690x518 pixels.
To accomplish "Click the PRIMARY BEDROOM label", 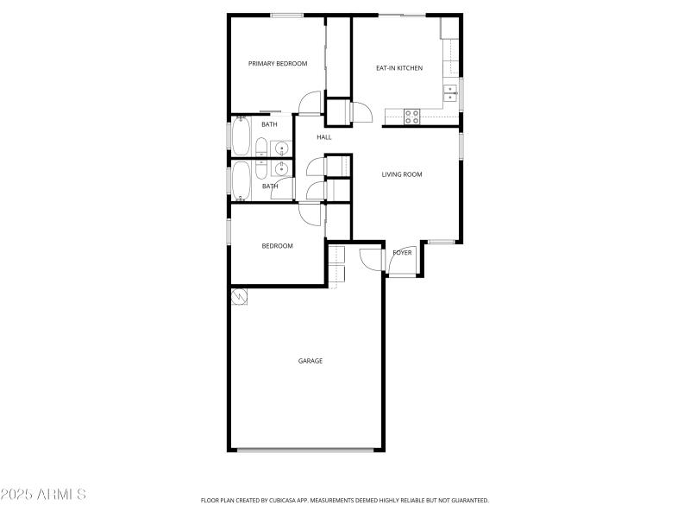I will [x=278, y=63].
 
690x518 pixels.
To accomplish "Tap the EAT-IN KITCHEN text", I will [x=399, y=67].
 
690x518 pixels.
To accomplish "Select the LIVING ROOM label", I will [x=402, y=174].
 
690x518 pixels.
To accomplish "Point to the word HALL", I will [x=324, y=137].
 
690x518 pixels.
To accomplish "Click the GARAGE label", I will [x=310, y=361].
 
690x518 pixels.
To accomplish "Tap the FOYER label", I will [x=402, y=253].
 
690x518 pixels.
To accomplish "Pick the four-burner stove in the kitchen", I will [x=412, y=117].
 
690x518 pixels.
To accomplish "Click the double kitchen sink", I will [x=450, y=91].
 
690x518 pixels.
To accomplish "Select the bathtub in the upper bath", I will [x=240, y=136].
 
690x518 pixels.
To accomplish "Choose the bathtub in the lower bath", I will [x=241, y=180].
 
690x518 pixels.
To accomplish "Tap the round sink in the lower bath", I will [x=281, y=169].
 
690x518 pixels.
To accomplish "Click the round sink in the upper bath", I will [x=281, y=149].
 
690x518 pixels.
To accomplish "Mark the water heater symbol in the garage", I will [x=239, y=296].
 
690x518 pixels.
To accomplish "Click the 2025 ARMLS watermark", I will [x=43, y=496].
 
